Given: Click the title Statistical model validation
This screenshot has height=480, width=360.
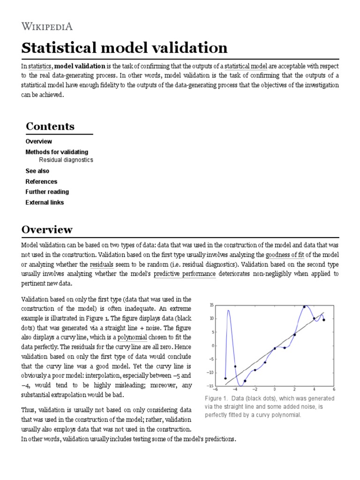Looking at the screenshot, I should click(x=125, y=48).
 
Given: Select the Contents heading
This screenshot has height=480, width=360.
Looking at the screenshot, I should click(x=50, y=126).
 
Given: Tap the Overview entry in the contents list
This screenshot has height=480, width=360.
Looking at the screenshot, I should click(x=39, y=141).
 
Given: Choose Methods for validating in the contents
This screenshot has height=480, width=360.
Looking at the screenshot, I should click(x=57, y=152).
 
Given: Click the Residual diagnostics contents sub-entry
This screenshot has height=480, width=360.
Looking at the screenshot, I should click(x=66, y=160).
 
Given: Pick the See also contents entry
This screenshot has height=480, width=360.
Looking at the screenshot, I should click(x=37, y=171).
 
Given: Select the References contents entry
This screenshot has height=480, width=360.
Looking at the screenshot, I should click(x=41, y=181).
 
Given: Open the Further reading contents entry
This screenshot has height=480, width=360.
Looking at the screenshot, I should click(x=47, y=192).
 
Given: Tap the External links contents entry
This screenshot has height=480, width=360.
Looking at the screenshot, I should click(x=45, y=202).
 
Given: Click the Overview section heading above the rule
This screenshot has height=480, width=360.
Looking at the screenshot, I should click(x=47, y=230).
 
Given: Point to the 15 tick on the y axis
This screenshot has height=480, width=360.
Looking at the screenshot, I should click(x=211, y=305).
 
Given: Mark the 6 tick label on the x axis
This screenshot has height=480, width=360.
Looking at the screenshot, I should click(x=334, y=389).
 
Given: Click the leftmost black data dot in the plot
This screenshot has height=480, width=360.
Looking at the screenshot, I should click(x=225, y=378).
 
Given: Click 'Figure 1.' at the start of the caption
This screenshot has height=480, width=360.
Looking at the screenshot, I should click(x=216, y=398).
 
